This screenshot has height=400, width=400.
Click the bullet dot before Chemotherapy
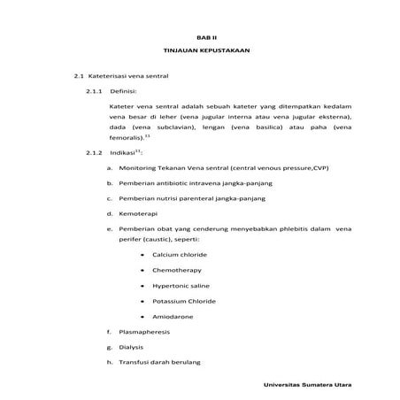point(142,270)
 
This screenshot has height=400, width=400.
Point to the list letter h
point(108,361)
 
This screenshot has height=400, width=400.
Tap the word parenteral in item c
point(206,198)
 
